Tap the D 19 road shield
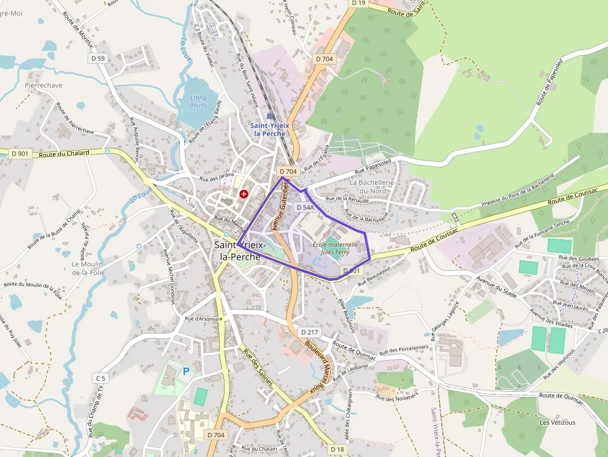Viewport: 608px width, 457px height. (x=358, y=3)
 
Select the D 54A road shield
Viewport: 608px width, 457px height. (x=305, y=207)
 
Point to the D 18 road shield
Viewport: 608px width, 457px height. (x=337, y=449)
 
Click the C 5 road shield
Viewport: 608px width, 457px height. (x=101, y=378)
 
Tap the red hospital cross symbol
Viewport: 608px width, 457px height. (x=244, y=194)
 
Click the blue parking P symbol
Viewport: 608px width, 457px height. (x=186, y=371)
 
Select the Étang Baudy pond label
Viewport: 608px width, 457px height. (x=199, y=101)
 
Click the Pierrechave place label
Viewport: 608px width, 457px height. (x=43, y=85)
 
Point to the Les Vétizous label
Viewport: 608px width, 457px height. (x=557, y=422)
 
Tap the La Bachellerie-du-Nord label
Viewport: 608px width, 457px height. (x=376, y=187)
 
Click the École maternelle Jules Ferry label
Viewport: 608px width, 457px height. (x=335, y=248)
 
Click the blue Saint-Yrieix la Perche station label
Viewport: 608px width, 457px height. (x=270, y=129)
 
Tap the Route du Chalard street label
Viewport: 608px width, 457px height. (x=64, y=153)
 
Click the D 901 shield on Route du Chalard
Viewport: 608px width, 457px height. (x=20, y=153)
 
